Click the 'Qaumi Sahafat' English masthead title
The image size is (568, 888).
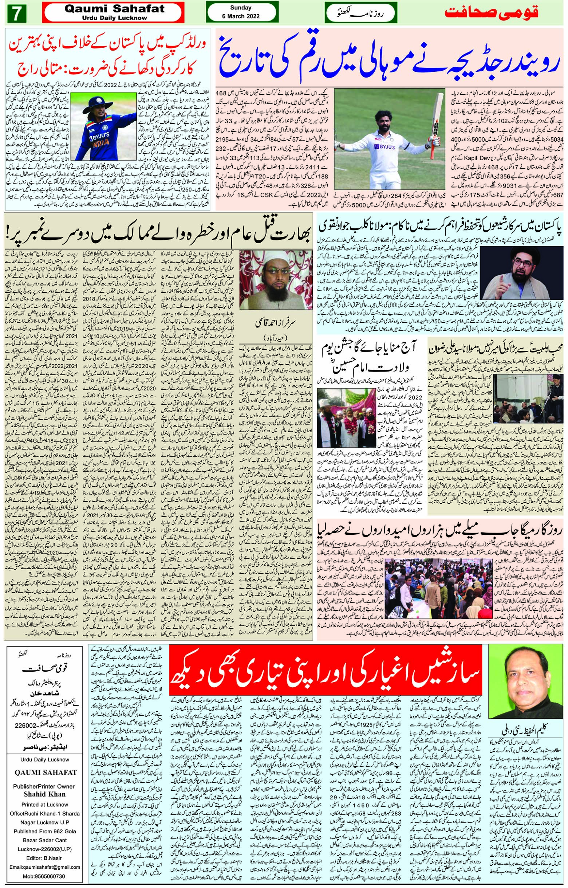(x=114, y=9)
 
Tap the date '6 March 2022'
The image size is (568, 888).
(x=240, y=16)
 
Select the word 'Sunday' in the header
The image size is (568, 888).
(x=240, y=7)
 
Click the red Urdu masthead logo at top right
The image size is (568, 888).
(x=491, y=12)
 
